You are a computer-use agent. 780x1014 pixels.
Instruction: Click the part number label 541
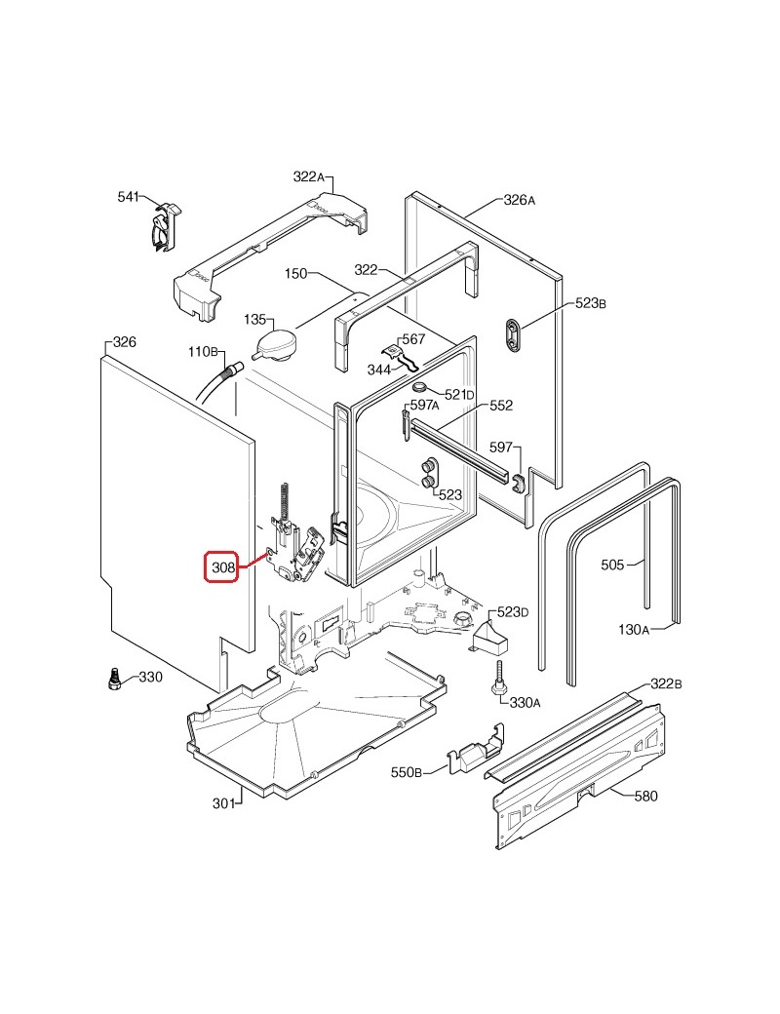(129, 197)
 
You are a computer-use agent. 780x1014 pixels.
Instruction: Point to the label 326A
(520, 200)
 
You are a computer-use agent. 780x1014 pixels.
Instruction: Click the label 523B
(591, 304)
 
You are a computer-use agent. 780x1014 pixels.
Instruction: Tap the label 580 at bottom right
(645, 796)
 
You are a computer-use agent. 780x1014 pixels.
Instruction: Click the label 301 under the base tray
(224, 802)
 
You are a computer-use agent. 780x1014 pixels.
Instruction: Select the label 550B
(406, 773)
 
